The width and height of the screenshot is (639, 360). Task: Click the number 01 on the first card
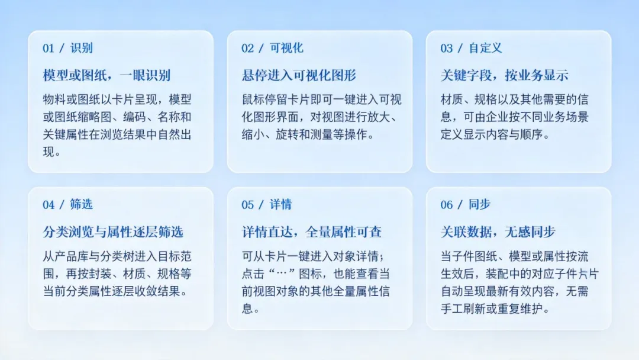[49, 48]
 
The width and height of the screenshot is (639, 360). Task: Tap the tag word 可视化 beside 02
[286, 48]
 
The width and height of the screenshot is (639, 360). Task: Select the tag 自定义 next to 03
[485, 48]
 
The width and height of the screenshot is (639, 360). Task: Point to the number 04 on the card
[49, 205]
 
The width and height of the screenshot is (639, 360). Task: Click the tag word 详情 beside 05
[281, 205]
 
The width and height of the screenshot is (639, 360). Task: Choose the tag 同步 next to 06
[480, 205]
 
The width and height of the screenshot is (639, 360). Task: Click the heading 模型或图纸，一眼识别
[106, 75]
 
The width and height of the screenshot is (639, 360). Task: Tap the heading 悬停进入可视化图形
[299, 75]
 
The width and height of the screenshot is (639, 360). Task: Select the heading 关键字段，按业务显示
[505, 75]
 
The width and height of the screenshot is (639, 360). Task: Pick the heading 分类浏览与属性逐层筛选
[113, 232]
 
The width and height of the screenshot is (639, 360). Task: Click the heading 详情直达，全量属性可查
[312, 232]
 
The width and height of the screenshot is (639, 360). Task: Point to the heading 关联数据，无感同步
[498, 232]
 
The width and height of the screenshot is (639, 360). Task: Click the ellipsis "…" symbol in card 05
[282, 274]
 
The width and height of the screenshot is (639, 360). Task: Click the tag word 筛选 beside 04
[82, 205]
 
